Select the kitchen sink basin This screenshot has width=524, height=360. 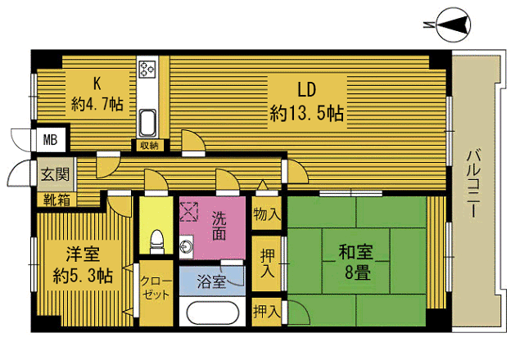click(x=147, y=123)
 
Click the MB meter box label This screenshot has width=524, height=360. click(x=50, y=139)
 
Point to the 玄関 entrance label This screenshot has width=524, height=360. click(x=55, y=174)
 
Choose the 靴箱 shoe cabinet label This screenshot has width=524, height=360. click(x=56, y=200)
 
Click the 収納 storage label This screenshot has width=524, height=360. click(x=149, y=146)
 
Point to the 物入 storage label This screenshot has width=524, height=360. click(x=267, y=214)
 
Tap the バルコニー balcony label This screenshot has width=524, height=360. click(x=473, y=183)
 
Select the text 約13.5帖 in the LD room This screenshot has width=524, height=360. click(x=307, y=113)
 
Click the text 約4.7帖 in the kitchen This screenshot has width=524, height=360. click(x=97, y=105)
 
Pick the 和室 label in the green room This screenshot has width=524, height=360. click(x=355, y=252)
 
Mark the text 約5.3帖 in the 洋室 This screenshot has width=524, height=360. click(x=83, y=276)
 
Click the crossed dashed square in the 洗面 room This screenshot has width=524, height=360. click(x=189, y=212)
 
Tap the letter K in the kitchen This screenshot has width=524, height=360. click(x=97, y=83)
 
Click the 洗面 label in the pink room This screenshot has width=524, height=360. click(x=219, y=226)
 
